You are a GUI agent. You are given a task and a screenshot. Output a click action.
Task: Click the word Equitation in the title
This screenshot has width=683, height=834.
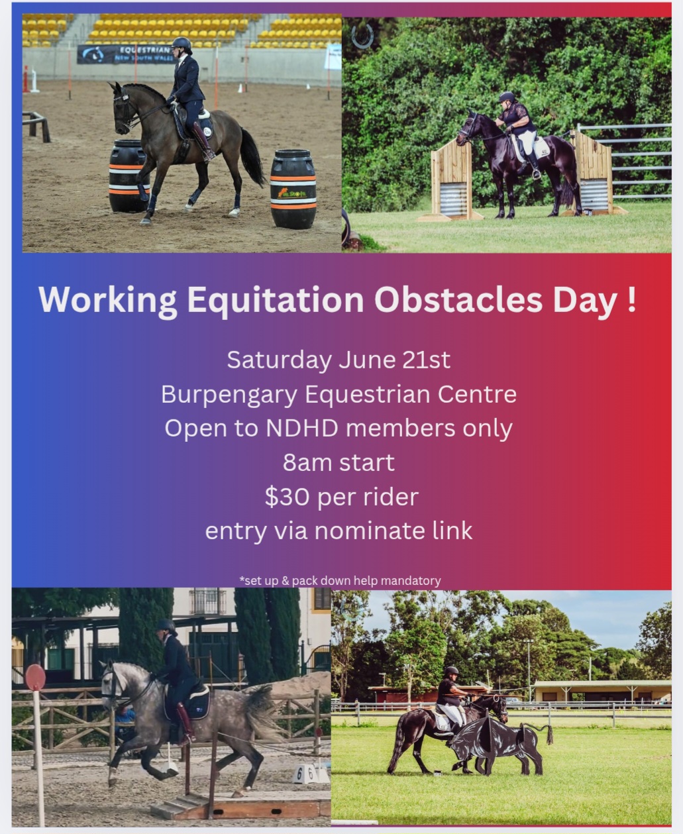(276, 301)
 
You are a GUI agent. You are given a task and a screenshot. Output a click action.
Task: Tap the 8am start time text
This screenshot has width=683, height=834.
(339, 462)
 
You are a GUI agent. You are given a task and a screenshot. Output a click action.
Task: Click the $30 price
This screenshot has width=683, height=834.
(287, 497)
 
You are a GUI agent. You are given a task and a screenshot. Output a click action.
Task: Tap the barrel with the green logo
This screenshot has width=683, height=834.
(293, 189)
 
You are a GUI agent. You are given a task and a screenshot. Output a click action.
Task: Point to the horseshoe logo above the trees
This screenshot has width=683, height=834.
(362, 36)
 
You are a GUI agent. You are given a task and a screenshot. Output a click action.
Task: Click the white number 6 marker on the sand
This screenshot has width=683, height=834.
(300, 774)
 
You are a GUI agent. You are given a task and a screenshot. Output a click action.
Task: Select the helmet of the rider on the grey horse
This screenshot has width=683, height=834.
(166, 626)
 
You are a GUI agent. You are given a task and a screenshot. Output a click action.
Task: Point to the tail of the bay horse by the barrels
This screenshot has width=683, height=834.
(252, 157)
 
